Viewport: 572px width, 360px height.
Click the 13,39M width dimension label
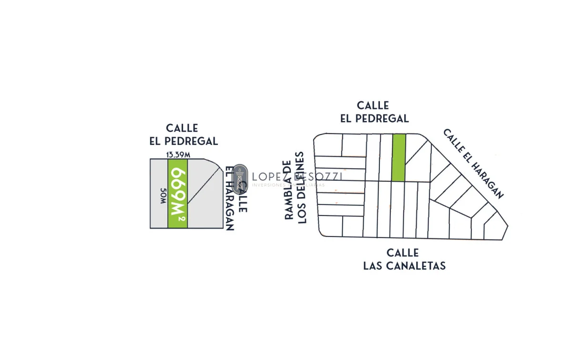pos(178,154)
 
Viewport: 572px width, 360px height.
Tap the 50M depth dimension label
pos(163,196)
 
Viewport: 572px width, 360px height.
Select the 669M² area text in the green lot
pos(177,193)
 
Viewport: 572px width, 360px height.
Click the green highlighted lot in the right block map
pos(398,157)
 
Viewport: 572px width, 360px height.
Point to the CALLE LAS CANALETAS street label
pos(404,259)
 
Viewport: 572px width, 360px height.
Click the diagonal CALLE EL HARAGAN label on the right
pos(473,163)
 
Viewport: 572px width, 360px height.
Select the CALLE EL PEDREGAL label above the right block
pos(374,112)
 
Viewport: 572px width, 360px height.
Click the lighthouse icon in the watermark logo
pos(241,176)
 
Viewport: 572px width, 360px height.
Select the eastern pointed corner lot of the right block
pos(497,228)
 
